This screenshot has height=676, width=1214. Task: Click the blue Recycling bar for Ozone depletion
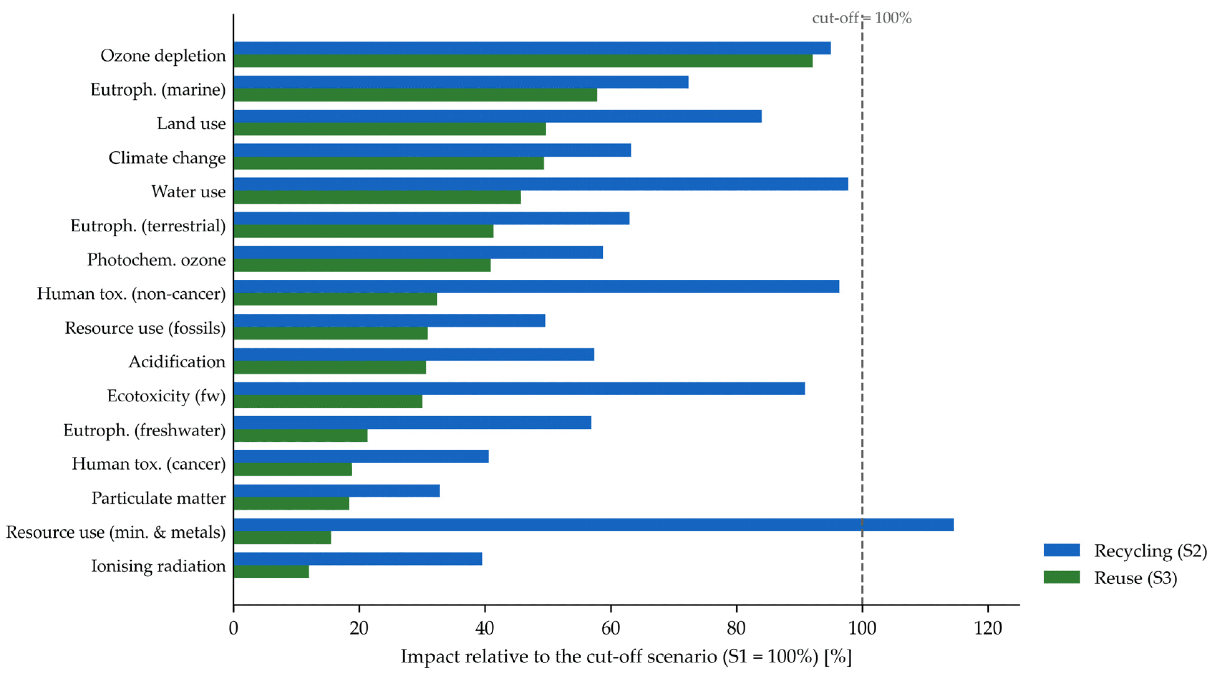532,48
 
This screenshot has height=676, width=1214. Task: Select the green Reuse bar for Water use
377,197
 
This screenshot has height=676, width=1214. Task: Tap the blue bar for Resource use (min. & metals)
593,525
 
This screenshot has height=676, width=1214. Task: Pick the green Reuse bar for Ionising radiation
271,571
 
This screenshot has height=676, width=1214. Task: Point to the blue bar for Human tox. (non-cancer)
536,286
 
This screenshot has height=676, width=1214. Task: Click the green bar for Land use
390,129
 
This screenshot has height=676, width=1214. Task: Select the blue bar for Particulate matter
337,491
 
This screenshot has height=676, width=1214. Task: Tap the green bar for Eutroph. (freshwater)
300,436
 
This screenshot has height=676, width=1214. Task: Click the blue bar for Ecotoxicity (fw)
519,388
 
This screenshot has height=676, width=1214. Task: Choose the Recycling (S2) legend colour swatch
1061,550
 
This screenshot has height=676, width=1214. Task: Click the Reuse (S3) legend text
1135,578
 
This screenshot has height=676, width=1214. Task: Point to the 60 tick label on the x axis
611,628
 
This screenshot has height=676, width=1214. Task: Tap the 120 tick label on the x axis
988,628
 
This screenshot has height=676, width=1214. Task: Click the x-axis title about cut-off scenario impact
626,657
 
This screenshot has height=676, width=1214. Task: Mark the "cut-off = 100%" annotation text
861,18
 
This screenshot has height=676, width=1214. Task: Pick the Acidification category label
177,362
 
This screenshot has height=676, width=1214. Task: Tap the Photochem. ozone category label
156,260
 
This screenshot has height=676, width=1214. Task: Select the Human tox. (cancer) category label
149,464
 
